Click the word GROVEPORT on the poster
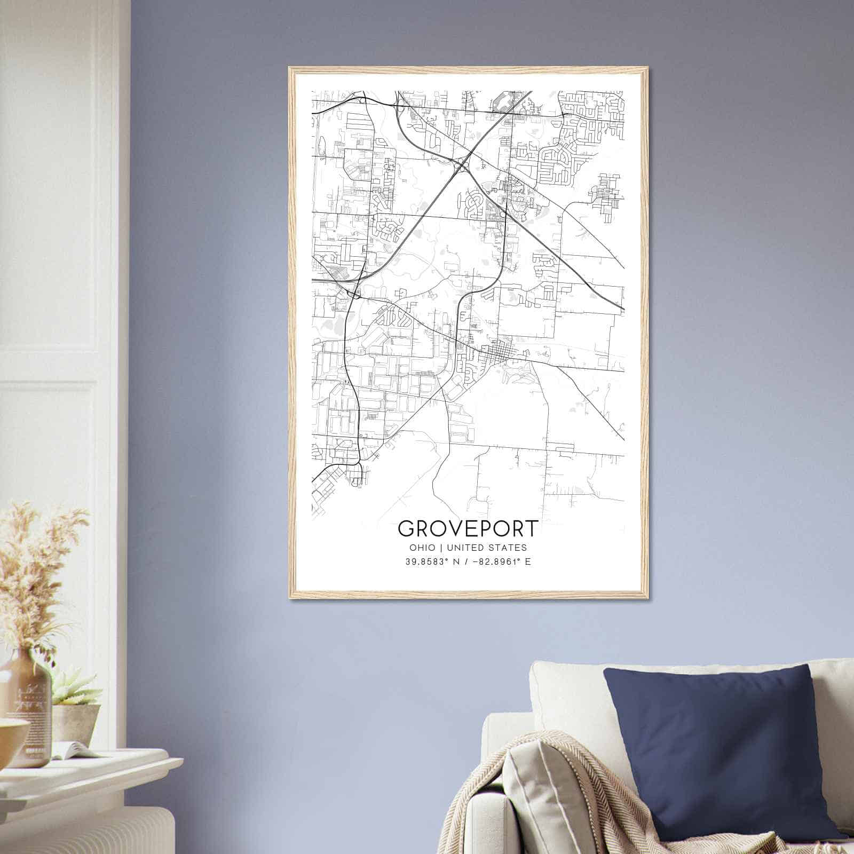[468, 528]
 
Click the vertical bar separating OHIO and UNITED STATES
[441, 548]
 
